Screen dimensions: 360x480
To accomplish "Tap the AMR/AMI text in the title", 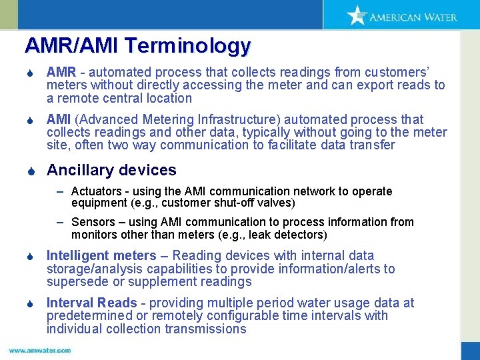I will (72, 46).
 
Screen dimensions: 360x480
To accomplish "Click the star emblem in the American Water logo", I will (357, 15).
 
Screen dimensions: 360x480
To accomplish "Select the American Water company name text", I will (413, 17).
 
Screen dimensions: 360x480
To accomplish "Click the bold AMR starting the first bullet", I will (61, 71).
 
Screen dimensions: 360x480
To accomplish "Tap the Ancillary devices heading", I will (111, 170).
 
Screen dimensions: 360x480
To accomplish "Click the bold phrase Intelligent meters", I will (101, 255).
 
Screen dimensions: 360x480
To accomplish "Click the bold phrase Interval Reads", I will (91, 303).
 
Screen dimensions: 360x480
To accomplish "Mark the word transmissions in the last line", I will (207, 329).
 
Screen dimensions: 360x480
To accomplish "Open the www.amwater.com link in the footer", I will (40, 350).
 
